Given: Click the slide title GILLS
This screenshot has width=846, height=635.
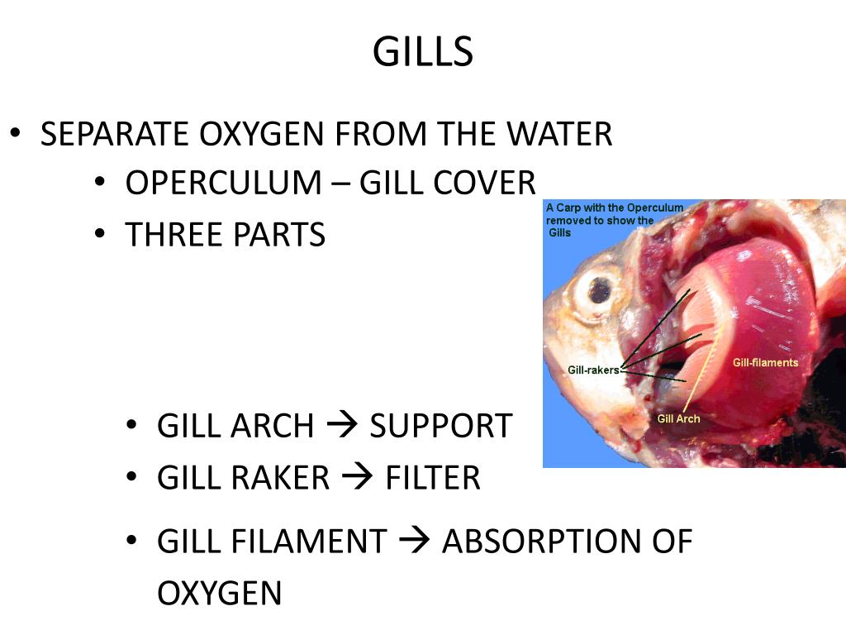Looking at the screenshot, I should click(422, 52).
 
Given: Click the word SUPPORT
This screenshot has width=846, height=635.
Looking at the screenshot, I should click(440, 427).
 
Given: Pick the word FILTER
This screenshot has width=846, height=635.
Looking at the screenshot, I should click(432, 478).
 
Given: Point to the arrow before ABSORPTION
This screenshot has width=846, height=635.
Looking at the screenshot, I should click(414, 542).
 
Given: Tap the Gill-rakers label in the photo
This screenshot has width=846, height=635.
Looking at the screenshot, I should click(593, 370).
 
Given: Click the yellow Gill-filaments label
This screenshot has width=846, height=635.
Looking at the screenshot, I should click(765, 363).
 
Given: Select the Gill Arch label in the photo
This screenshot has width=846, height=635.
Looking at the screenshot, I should click(678, 419).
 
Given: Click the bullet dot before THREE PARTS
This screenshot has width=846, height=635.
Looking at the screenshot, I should click(100, 235).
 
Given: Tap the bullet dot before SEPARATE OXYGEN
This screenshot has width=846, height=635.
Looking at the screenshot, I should click(15, 133).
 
